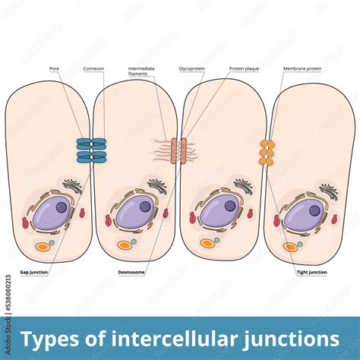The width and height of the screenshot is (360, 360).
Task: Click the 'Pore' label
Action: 54,68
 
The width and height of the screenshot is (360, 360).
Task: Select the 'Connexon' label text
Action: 93,68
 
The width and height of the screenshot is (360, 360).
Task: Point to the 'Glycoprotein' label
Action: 191,68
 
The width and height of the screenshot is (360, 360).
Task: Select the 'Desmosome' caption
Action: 130,271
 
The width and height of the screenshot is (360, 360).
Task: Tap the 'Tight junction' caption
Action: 312,271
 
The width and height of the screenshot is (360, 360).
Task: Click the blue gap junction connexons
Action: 91,150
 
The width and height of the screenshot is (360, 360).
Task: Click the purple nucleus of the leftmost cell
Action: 52,215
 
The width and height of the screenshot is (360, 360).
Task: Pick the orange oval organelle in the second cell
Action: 125,245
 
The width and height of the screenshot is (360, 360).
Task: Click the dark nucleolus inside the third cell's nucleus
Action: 229,206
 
